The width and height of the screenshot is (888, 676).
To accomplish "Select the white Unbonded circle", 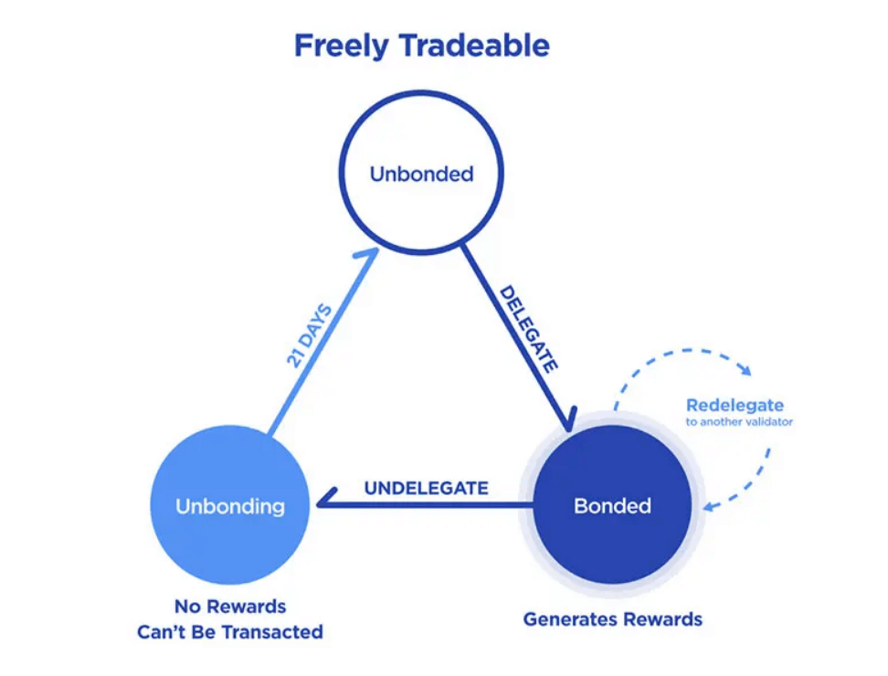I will [x=421, y=128].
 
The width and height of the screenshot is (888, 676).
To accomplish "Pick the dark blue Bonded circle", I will [x=612, y=548].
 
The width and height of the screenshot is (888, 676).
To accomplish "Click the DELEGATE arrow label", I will [x=528, y=329].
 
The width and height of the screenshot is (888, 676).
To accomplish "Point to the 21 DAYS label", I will [x=309, y=335].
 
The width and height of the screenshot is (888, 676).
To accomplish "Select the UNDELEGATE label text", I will [x=426, y=488].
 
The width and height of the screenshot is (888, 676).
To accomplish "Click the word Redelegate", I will [x=735, y=405].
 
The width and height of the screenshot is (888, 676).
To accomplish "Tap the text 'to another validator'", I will [x=739, y=422].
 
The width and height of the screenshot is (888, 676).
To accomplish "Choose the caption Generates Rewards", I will [x=612, y=619].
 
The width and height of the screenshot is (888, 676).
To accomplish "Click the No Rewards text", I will [x=230, y=607].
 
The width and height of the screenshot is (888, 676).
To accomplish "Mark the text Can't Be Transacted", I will [x=230, y=631].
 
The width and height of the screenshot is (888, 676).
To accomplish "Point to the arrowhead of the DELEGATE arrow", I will [x=568, y=422].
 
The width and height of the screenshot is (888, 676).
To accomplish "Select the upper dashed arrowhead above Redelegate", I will [x=745, y=370].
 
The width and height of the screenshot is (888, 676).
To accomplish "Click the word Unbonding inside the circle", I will [x=230, y=505].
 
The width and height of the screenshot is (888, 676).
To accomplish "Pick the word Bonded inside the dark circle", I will [x=612, y=505].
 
